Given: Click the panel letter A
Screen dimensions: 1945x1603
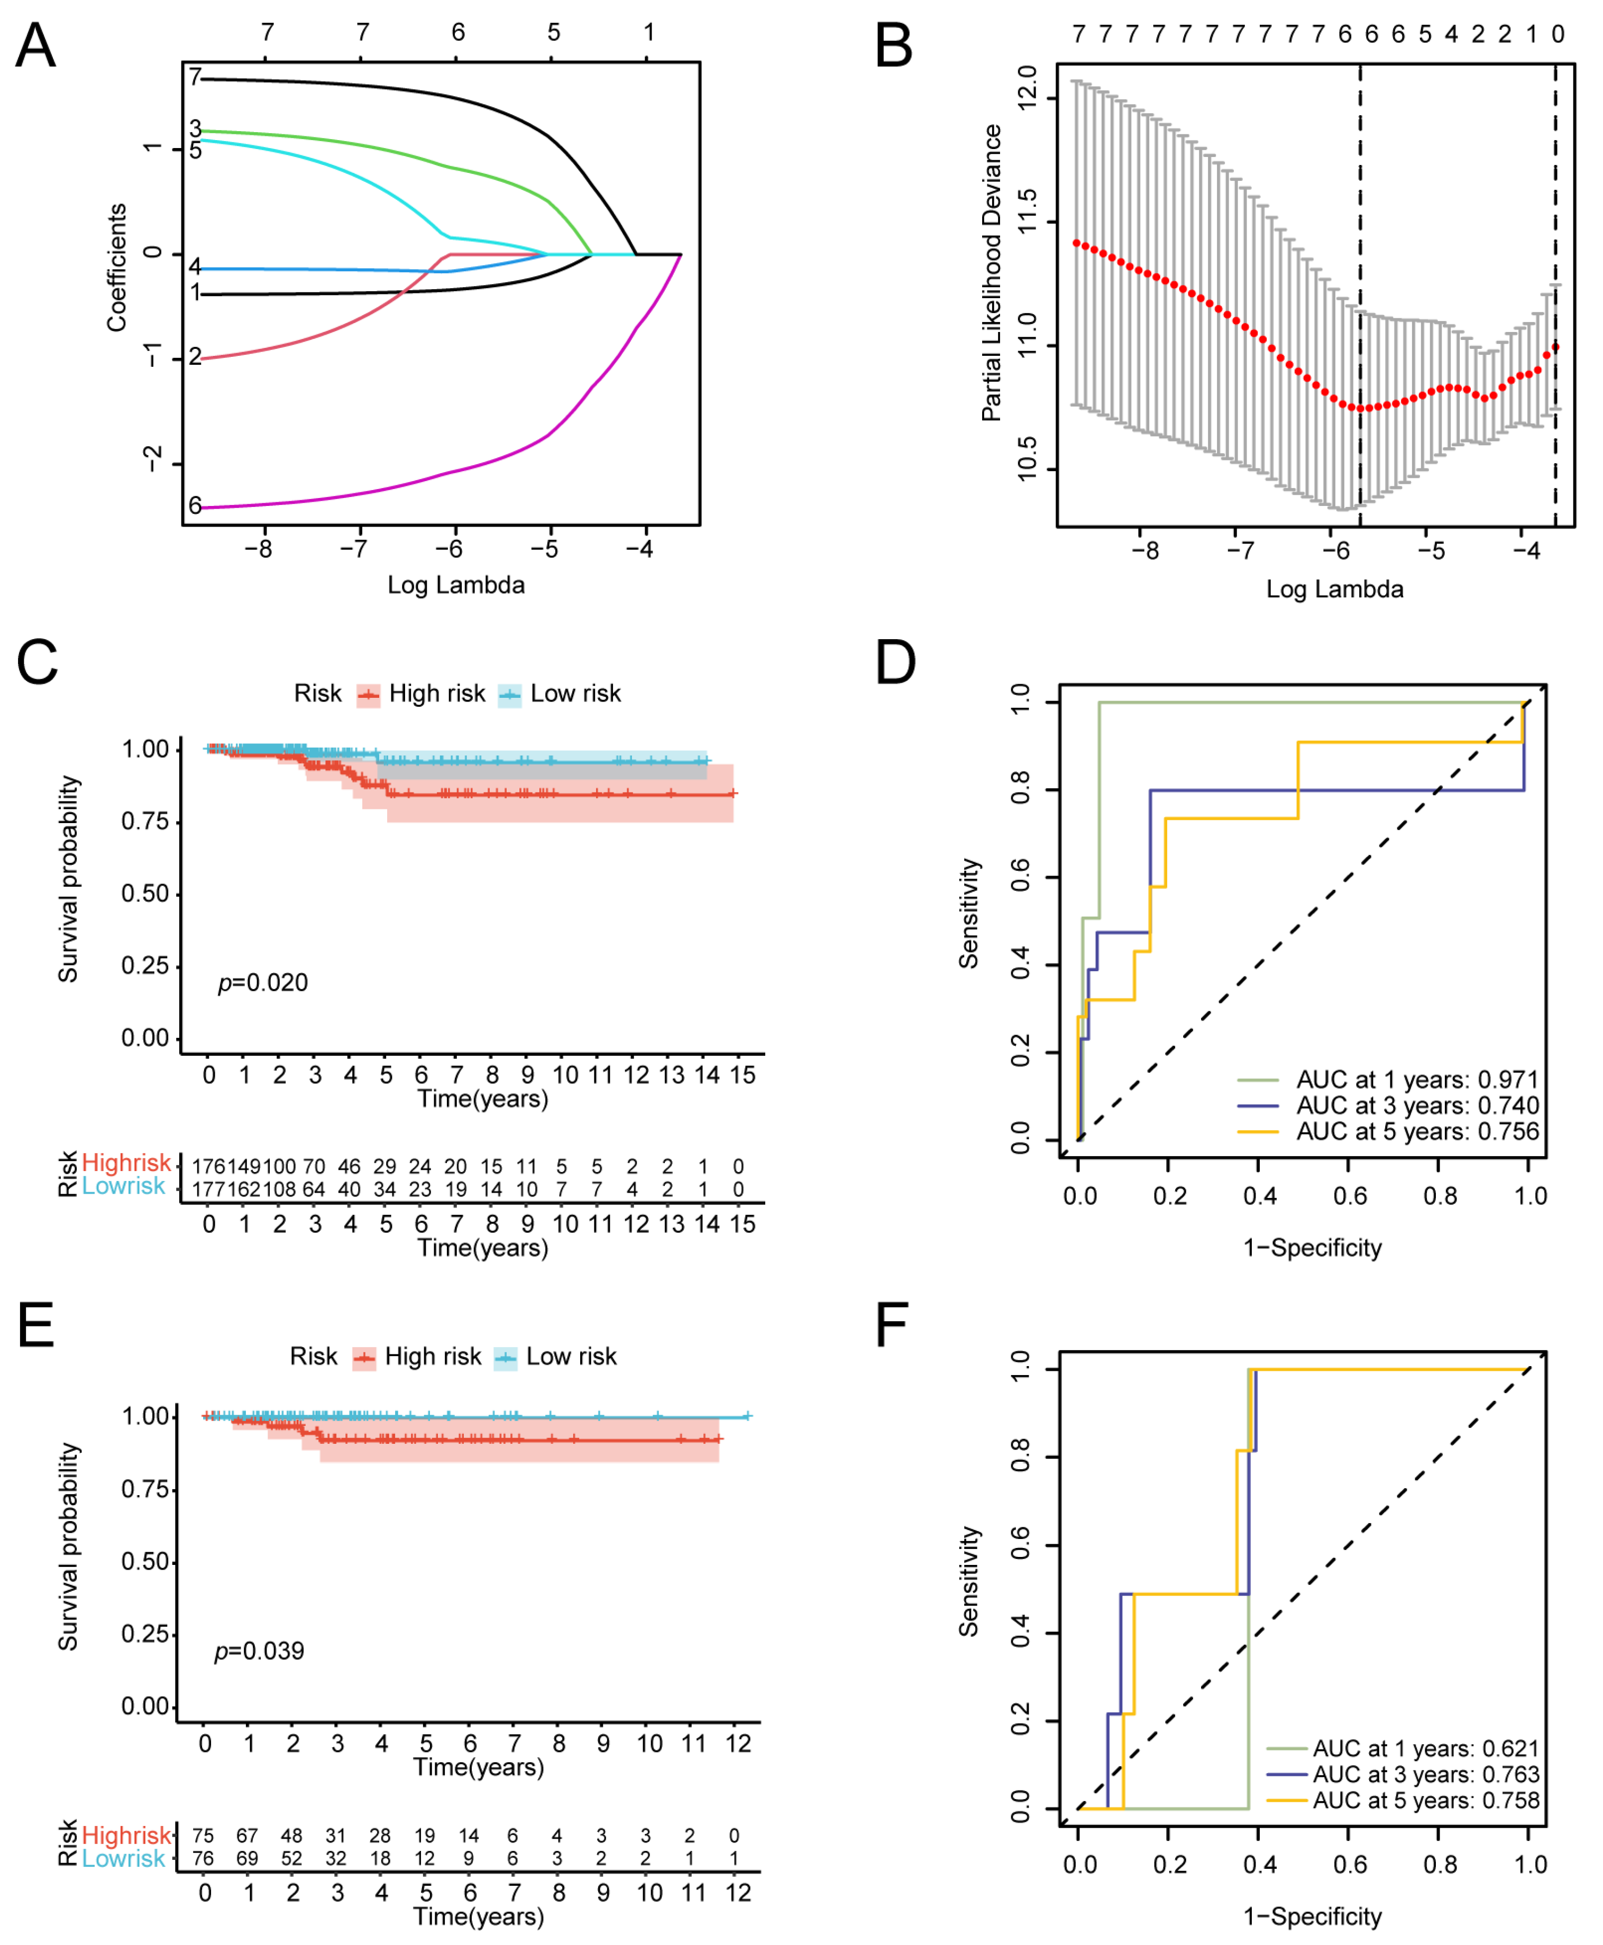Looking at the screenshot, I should point(35,45).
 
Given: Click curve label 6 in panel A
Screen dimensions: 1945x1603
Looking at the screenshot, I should point(195,505).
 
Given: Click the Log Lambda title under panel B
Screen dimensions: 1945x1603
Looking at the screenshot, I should point(1334,589).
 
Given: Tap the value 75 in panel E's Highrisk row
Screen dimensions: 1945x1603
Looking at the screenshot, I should point(203,1835).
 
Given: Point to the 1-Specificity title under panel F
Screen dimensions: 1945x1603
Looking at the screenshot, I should point(1312,1916).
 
